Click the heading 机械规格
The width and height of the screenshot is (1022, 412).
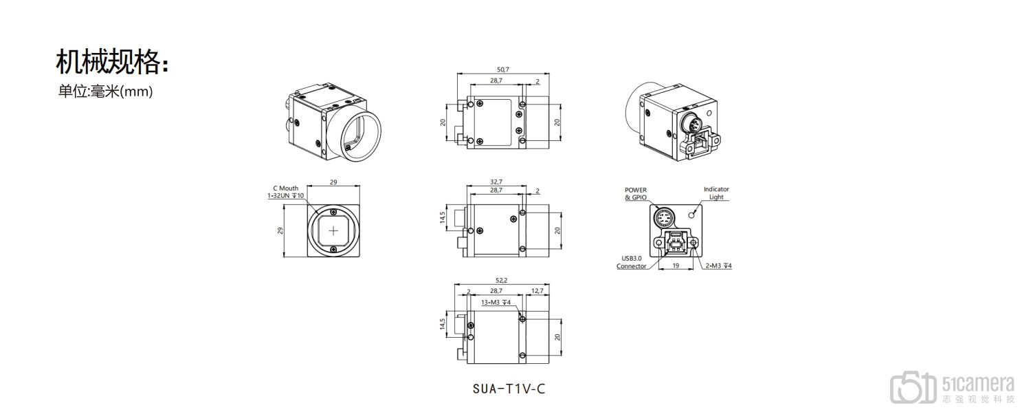111,62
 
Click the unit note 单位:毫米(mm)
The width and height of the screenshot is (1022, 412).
104,91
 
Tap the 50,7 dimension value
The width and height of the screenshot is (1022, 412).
502,69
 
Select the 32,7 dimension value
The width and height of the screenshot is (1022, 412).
496,182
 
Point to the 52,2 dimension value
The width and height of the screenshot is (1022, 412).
501,280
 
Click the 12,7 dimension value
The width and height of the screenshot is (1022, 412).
537,292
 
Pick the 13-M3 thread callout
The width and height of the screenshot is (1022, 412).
495,302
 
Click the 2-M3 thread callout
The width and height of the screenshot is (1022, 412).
718,265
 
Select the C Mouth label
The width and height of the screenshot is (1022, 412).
285,188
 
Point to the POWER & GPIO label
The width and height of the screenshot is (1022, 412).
635,193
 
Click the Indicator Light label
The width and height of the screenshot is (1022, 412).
716,193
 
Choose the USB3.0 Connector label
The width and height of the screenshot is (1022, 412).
631,262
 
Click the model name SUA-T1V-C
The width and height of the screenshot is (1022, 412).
509,389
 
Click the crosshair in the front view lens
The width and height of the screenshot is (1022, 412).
333,230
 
